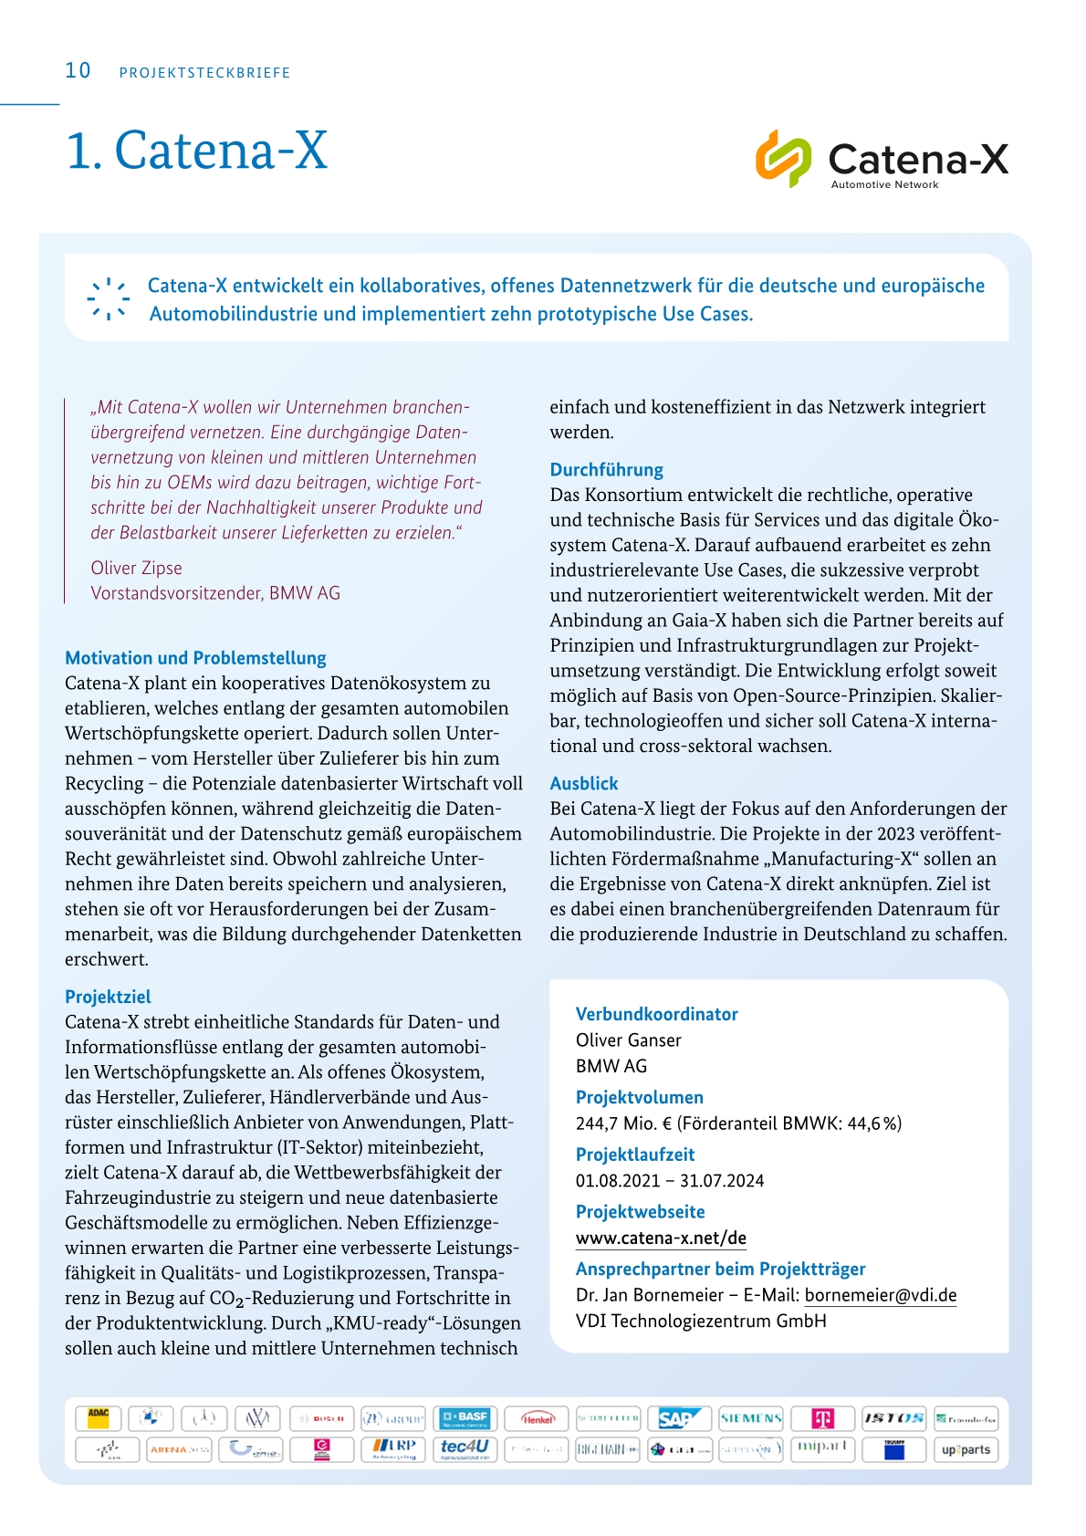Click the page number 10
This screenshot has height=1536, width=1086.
point(78,71)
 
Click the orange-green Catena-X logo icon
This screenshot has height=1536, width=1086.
point(783,159)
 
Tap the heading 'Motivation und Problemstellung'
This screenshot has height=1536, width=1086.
point(195,658)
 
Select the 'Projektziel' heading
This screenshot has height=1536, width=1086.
point(108,997)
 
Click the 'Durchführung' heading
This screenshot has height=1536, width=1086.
point(606,470)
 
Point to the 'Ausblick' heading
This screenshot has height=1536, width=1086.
point(583,783)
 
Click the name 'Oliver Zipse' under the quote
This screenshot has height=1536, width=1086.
point(136,568)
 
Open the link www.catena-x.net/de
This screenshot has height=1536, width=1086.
point(661,1238)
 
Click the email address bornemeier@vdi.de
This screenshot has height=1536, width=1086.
point(880,1295)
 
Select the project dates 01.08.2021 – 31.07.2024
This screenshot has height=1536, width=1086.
point(669,1181)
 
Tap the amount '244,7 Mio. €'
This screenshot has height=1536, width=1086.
point(623,1123)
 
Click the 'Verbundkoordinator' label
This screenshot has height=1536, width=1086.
point(656,1014)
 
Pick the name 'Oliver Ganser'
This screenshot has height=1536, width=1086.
point(628,1040)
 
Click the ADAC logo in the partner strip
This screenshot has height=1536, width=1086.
point(98,1417)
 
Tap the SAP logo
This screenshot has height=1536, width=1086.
point(680,1418)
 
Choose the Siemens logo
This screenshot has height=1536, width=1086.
point(751,1418)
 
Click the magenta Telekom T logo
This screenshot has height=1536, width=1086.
point(822,1418)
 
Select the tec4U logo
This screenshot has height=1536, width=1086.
point(465,1448)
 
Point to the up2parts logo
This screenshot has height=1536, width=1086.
point(966,1449)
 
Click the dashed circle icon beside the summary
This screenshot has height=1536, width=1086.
point(108,298)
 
